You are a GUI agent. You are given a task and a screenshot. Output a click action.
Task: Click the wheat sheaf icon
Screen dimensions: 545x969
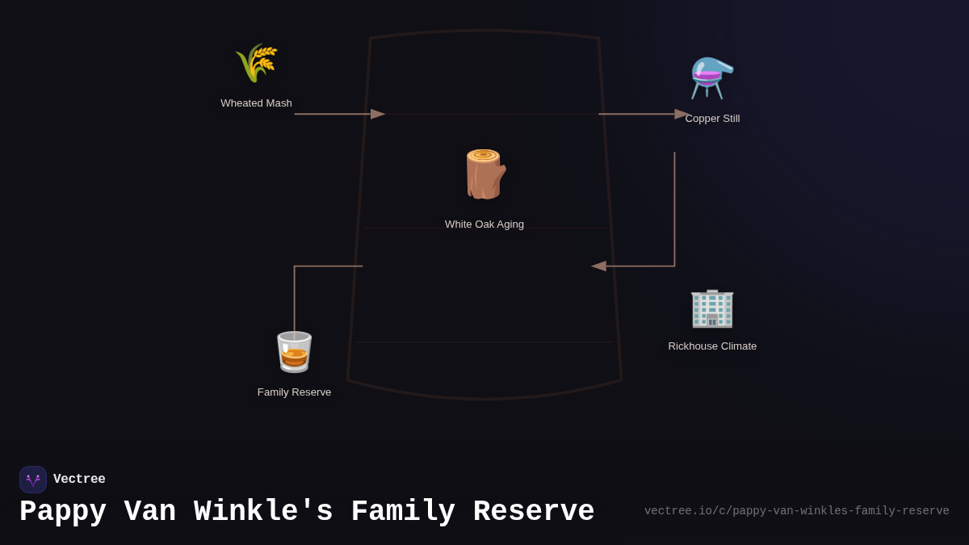(257, 63)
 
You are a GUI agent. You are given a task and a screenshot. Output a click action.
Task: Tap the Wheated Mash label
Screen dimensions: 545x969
(256, 103)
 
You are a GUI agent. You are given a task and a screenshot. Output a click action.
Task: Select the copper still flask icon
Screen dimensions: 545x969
(712, 78)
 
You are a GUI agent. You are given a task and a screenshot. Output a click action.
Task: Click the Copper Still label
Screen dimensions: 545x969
(712, 119)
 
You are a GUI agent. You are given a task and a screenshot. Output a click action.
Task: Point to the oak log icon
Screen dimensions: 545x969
(484, 174)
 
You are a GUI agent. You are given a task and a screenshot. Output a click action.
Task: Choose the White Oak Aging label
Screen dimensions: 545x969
(484, 224)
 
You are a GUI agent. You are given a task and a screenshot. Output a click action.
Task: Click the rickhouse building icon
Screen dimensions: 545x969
(712, 308)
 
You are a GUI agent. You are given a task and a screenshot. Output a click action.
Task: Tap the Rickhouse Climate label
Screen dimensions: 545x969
(712, 346)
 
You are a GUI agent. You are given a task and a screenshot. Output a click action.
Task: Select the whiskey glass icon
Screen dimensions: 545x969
(294, 352)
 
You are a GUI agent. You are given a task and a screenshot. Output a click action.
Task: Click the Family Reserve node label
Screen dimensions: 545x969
(294, 392)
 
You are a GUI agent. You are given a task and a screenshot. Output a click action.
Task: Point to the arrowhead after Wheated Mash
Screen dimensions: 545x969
(378, 114)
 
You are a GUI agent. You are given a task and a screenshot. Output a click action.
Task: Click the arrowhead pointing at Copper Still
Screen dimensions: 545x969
(682, 114)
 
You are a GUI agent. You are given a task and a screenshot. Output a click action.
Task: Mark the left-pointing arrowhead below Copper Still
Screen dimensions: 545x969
(598, 266)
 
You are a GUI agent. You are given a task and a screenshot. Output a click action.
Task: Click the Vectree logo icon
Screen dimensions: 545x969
(33, 480)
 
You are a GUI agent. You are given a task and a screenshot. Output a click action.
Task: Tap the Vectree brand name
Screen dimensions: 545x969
(79, 480)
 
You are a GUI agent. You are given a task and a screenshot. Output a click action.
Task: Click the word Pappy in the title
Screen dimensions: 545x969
(63, 512)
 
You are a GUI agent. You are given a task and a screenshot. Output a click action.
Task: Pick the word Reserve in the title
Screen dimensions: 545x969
(534, 512)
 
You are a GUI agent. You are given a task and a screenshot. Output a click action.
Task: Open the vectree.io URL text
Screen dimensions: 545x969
(796, 511)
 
